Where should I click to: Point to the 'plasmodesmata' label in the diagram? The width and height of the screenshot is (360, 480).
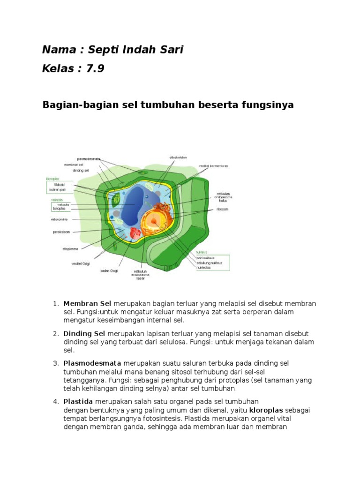[x=89, y=159]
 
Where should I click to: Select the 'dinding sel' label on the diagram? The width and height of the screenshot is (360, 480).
[x=81, y=171]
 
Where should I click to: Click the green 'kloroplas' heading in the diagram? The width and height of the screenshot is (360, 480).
[x=52, y=179]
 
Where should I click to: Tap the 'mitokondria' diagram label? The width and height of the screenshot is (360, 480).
[x=60, y=219]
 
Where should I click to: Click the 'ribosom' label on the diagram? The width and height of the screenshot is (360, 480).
[x=222, y=210]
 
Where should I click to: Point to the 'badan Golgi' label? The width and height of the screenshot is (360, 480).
[x=109, y=270]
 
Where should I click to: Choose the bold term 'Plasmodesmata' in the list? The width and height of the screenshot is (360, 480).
[x=92, y=363]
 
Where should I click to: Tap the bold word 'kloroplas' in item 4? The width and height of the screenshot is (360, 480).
[x=265, y=410]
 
